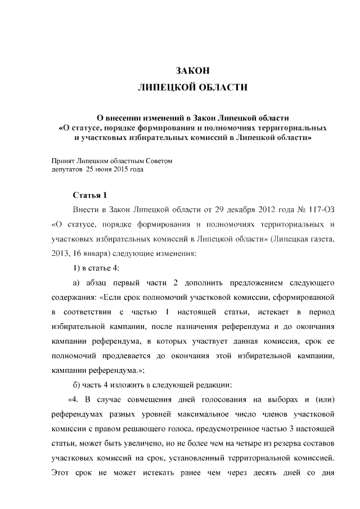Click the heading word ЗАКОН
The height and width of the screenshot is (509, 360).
click(192, 71)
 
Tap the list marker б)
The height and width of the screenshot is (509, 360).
click(78, 385)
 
